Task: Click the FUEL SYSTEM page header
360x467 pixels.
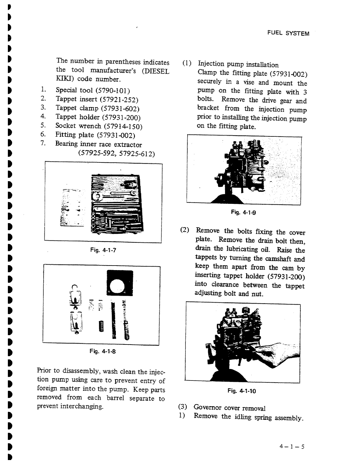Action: (288, 34)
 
